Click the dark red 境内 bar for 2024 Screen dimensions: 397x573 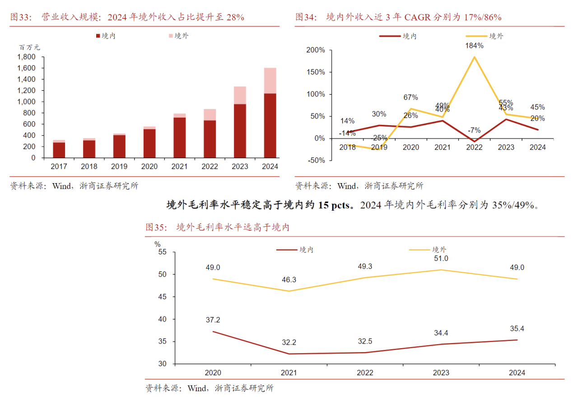click(x=270, y=125)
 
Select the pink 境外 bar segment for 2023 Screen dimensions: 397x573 click(x=240, y=95)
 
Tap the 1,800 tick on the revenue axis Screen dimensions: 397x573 click(x=26, y=57)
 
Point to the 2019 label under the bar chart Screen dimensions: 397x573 click(x=119, y=166)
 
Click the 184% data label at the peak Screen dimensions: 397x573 click(x=474, y=46)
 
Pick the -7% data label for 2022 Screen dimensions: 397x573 click(x=474, y=130)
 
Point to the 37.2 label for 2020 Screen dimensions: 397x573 click(x=213, y=320)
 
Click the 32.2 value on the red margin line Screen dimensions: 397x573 click(x=289, y=342)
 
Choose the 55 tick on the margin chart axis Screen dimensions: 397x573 click(x=163, y=252)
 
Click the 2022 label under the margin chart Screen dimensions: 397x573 click(x=365, y=373)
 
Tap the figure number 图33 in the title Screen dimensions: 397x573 click(x=20, y=17)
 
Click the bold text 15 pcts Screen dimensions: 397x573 click(x=334, y=205)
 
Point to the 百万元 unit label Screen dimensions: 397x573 click(x=29, y=47)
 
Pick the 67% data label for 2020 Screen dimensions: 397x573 click(x=411, y=98)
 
